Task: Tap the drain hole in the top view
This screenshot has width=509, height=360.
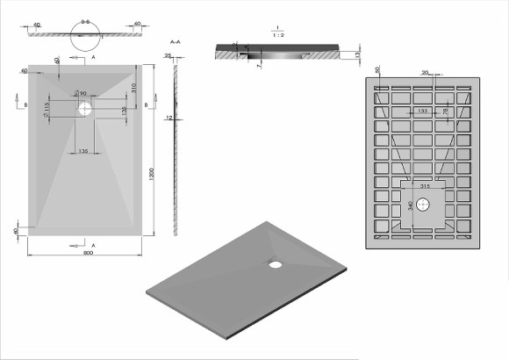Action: coord(86,110)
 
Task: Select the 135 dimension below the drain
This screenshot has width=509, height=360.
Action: coord(82,152)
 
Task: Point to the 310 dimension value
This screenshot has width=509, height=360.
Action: coord(133,89)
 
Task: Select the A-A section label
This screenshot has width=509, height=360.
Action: coord(174,42)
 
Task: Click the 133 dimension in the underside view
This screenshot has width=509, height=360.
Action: coord(423,111)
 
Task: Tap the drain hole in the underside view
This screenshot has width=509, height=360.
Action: coord(423,205)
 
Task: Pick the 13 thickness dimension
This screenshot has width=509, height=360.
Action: coord(359,54)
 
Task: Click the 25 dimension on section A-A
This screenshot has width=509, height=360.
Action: coord(168,55)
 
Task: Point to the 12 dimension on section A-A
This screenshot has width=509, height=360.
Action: coord(168,117)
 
